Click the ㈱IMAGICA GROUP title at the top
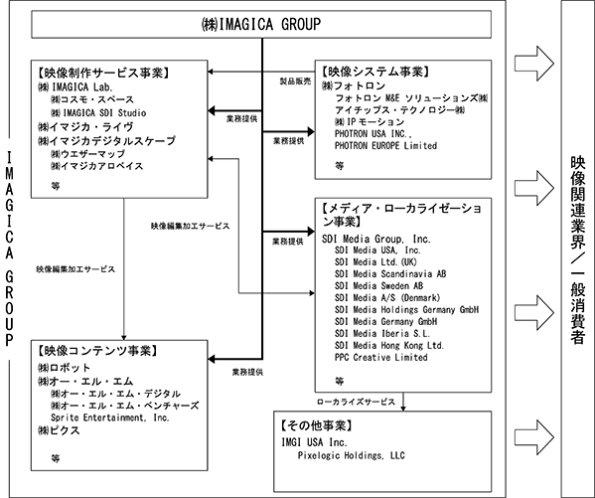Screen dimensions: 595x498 click(261, 24)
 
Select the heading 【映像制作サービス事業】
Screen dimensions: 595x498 click(103, 73)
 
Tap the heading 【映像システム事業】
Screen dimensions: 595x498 click(375, 71)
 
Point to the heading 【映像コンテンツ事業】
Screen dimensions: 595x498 click(97, 351)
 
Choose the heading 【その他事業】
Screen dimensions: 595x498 click(317, 425)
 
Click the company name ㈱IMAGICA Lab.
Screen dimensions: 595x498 click(75, 87)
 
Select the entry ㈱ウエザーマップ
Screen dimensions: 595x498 click(87, 154)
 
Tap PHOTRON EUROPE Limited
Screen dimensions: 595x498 click(385, 145)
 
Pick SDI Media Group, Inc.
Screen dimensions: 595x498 click(376, 239)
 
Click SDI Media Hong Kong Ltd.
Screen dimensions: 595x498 click(389, 345)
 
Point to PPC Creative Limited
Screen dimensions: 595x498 click(381, 358)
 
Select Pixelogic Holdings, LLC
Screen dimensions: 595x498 click(351, 455)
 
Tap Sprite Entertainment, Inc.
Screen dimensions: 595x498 click(110, 417)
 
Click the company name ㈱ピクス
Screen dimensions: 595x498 click(59, 430)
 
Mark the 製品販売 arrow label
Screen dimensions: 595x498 click(295, 81)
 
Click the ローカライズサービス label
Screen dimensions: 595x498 click(356, 402)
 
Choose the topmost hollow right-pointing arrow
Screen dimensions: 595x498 click(534, 63)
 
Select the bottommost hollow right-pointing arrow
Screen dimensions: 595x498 click(534, 436)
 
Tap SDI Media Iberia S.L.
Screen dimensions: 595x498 click(382, 334)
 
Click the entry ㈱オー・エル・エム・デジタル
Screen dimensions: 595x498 click(115, 394)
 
